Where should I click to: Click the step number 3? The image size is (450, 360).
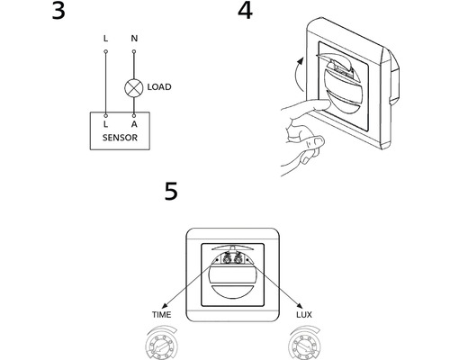tap(58, 11)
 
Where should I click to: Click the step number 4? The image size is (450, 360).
tap(245, 11)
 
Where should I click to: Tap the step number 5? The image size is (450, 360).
tap(171, 191)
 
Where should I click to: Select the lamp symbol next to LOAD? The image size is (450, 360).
tap(133, 88)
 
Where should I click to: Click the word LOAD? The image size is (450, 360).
tap(159, 87)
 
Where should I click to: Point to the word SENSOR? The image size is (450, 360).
tap(120, 138)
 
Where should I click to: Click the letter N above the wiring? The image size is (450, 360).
tap(134, 39)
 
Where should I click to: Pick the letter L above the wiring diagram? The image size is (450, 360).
tap(105, 39)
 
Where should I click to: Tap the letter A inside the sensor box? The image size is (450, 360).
tap(134, 124)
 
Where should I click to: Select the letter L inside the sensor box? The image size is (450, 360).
tap(105, 124)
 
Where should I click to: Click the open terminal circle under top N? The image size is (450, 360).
tap(134, 51)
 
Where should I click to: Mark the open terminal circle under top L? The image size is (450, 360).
tap(105, 51)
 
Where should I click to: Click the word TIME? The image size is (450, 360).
tap(161, 315)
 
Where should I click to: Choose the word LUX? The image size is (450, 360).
tap(304, 315)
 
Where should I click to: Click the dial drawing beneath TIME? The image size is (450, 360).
tap(161, 343)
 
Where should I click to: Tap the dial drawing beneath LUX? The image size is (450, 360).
tap(304, 343)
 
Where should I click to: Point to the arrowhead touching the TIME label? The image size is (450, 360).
tap(165, 306)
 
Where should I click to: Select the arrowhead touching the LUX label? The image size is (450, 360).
tap(300, 305)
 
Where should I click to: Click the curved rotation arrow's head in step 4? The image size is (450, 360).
tap(299, 61)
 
